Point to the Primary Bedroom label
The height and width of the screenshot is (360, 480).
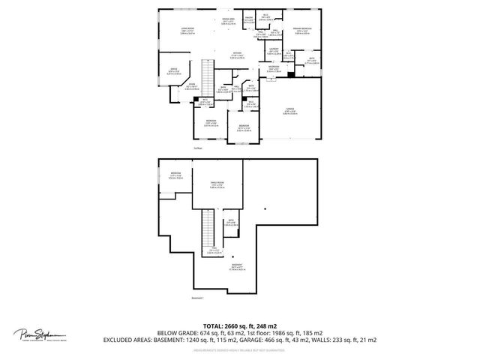pos(302,31)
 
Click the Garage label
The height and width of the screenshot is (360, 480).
pos(289,112)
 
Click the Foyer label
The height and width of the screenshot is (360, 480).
pos(191,86)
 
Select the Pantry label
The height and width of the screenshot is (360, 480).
pos(248,20)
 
